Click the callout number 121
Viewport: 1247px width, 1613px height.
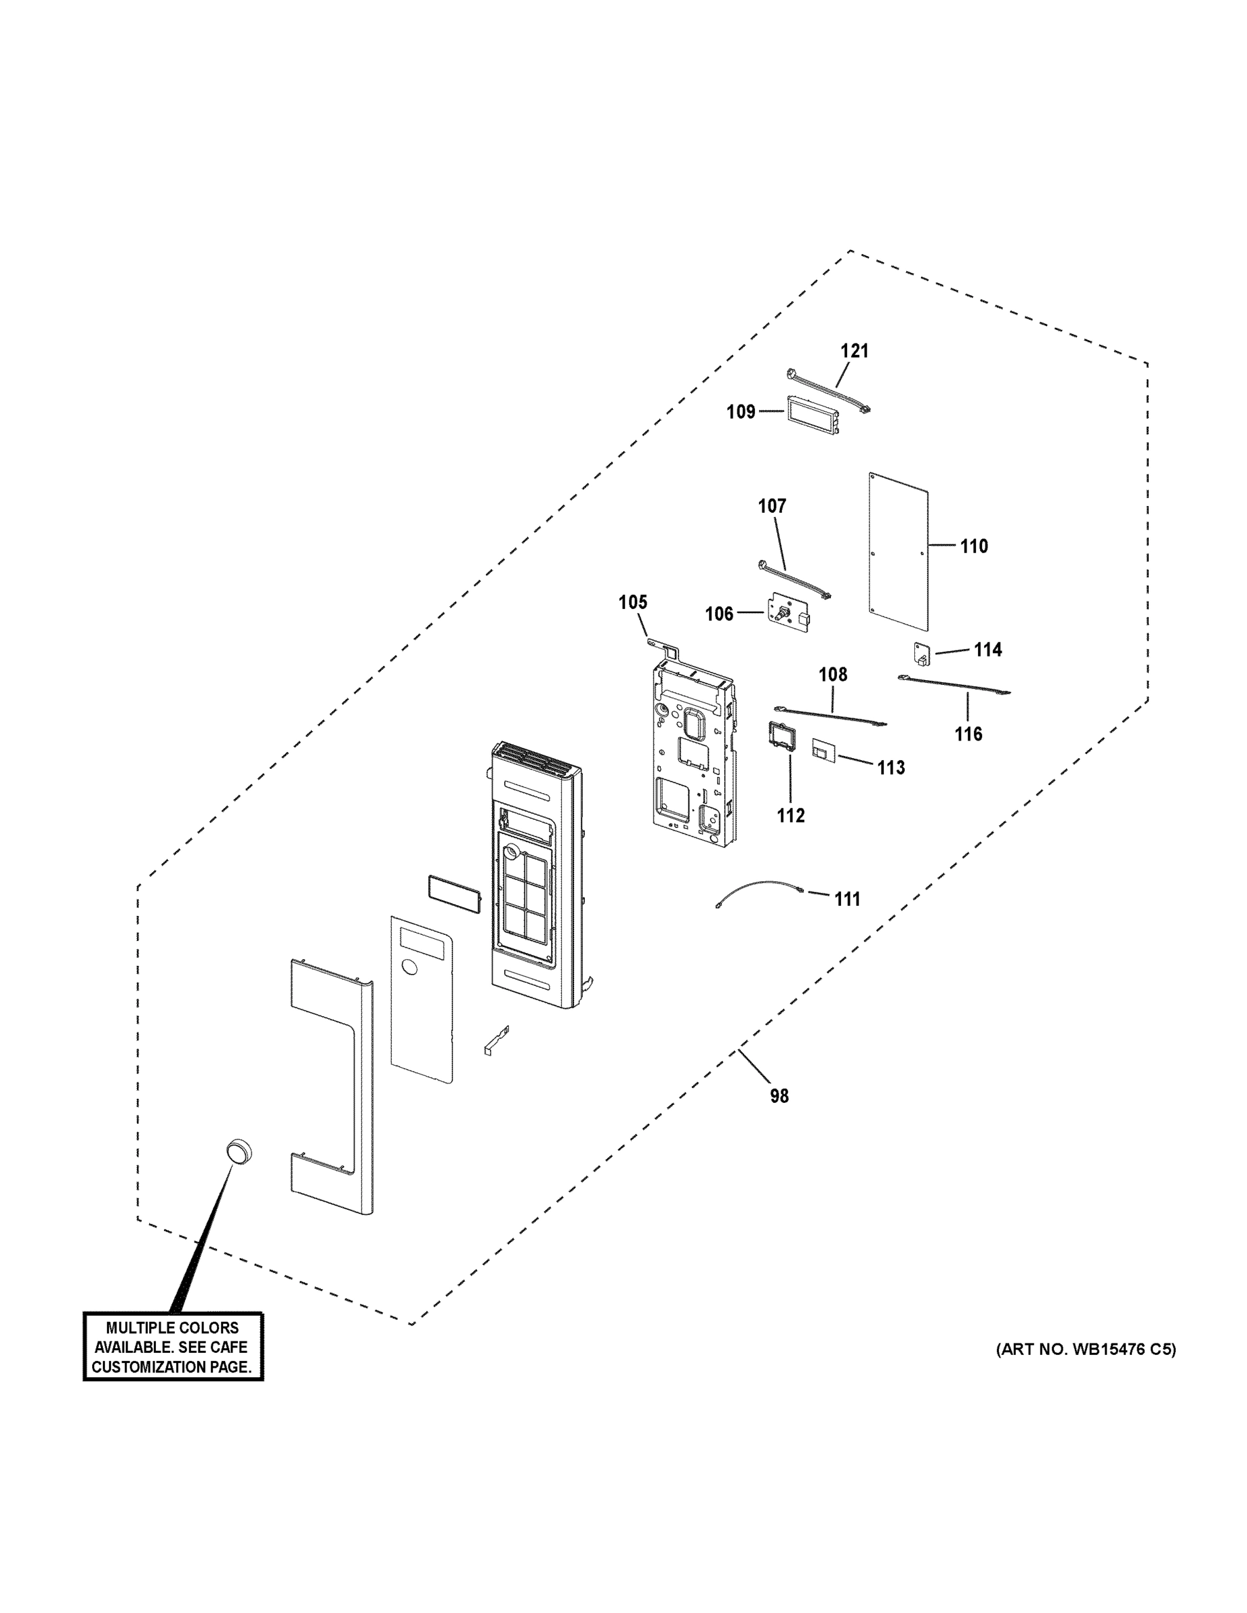(x=854, y=351)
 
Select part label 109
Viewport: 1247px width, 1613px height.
(x=740, y=411)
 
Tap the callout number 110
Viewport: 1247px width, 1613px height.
(x=973, y=546)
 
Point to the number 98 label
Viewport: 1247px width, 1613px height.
(x=779, y=1096)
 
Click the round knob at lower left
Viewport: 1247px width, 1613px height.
(x=239, y=1151)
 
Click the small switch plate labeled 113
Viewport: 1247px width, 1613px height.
(x=823, y=750)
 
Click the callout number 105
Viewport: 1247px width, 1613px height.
(x=633, y=603)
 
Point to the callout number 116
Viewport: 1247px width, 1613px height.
(x=968, y=734)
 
